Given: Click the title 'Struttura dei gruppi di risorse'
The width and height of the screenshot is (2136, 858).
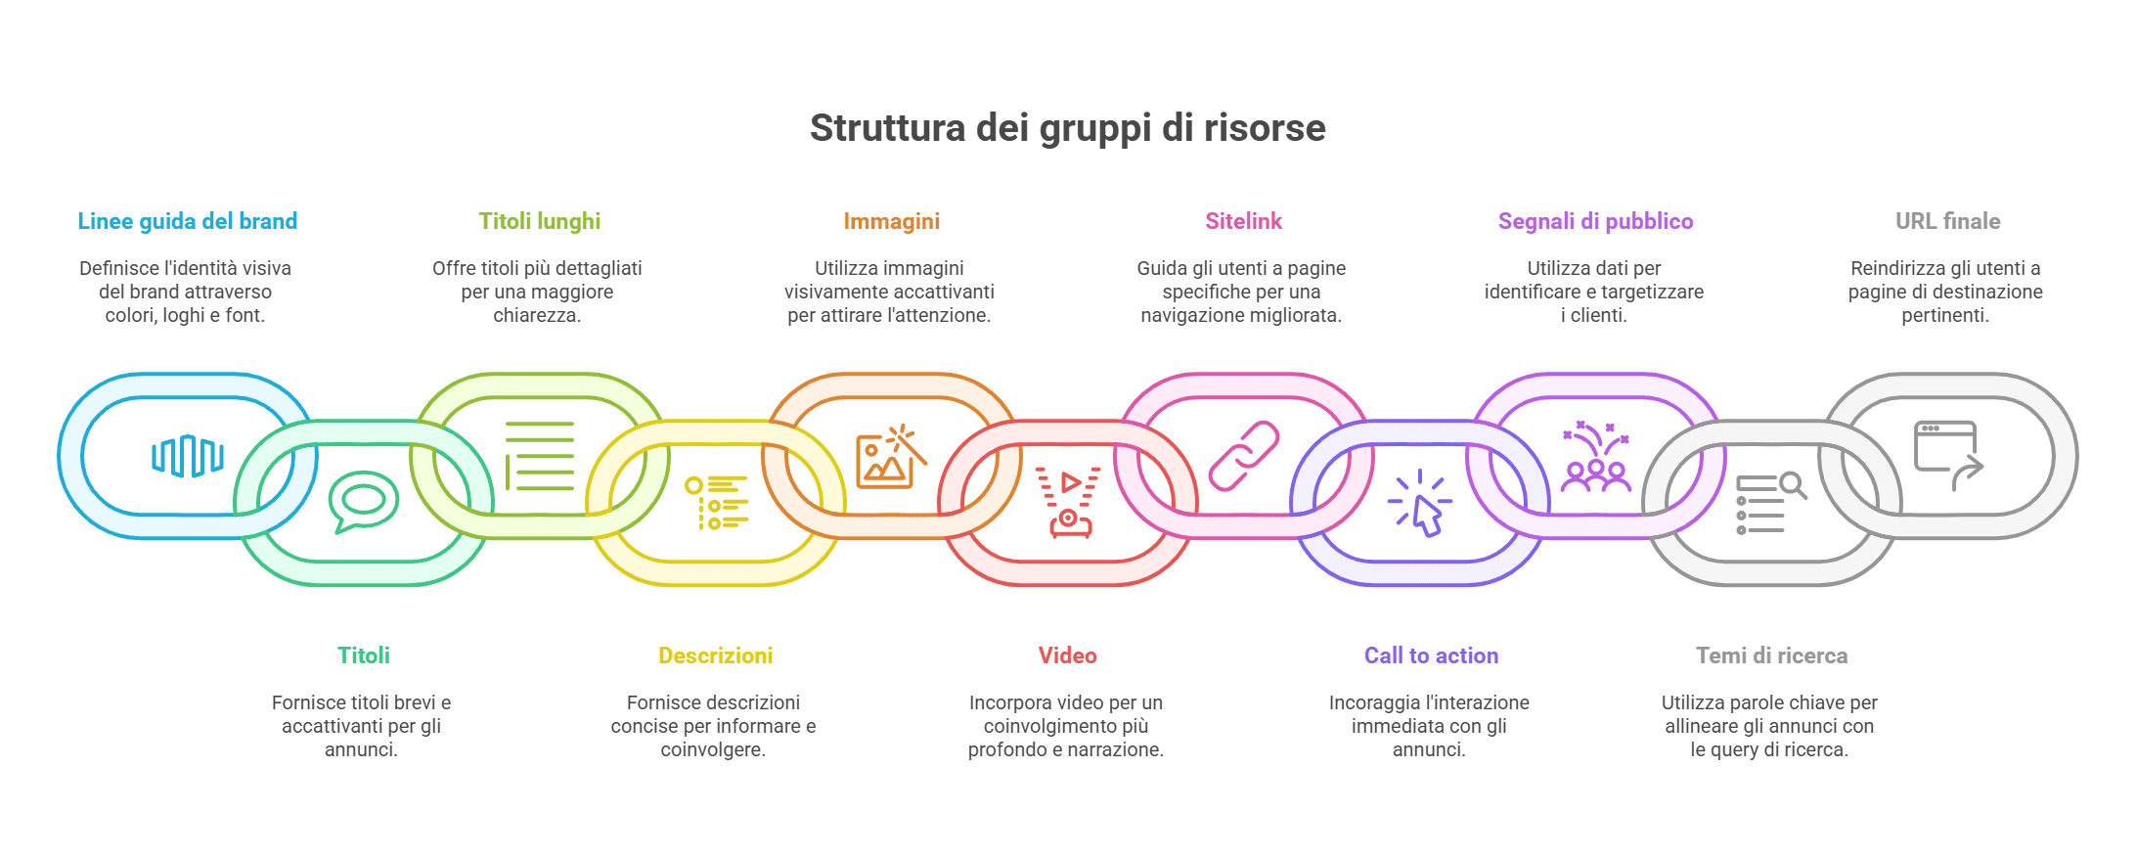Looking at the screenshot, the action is point(1067,128).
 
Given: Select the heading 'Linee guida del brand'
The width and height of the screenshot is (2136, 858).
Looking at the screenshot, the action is point(188,221).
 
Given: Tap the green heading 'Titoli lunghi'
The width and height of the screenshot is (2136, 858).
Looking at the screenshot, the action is point(540,221).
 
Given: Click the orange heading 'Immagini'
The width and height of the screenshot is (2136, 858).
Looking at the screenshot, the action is point(892,221).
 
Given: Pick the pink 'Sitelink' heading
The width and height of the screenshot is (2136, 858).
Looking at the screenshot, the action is point(1243,221).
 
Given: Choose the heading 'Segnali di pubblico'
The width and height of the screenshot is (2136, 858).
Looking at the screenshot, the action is point(1595,221).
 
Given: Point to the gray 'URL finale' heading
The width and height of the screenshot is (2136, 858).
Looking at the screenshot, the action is point(1947,221).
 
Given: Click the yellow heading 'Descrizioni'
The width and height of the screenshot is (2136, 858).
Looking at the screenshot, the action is point(716,655).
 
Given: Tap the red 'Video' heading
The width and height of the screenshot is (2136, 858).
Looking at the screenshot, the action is point(1067,655).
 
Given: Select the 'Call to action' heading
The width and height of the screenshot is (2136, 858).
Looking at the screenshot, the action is point(1431,655).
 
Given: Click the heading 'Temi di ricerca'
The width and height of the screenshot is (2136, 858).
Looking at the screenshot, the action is point(1771,655).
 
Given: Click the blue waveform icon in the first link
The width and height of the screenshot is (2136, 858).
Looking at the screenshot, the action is point(188,456).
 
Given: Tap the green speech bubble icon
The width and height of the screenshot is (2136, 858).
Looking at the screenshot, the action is point(364,502).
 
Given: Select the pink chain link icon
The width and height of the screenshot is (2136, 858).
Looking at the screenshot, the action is point(1244,456).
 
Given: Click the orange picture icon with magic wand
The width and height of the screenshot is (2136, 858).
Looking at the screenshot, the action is point(891,456).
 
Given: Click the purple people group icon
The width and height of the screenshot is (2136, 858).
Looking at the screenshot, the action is point(1596,456).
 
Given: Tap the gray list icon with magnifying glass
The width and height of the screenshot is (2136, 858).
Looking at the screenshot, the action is point(1771,503).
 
